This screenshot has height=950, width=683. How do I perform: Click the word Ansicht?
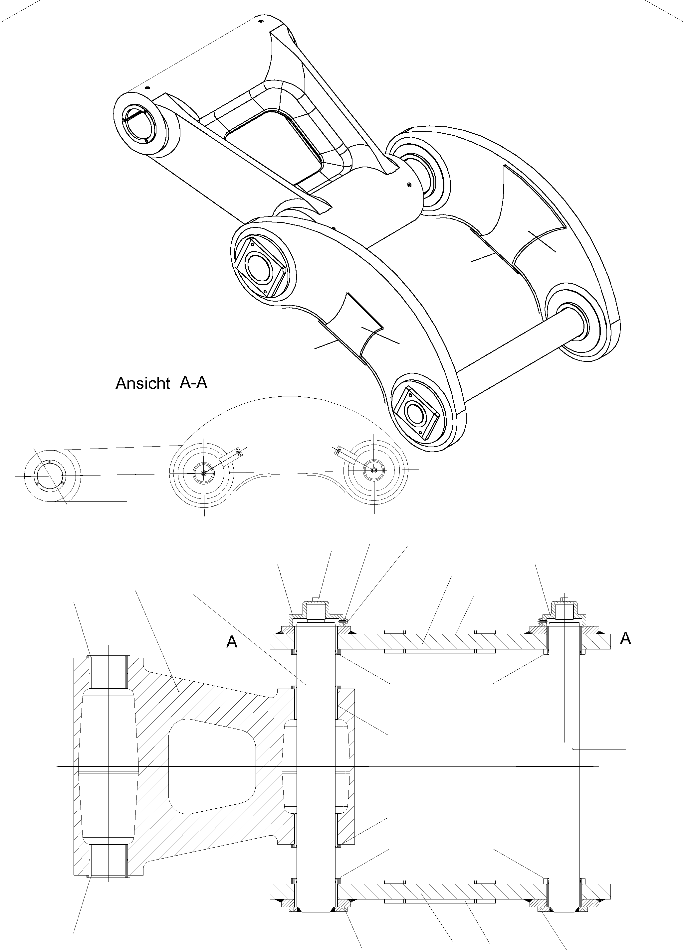coord(142,384)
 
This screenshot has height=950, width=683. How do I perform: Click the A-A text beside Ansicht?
coord(193,382)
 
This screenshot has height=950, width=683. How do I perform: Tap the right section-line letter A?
coord(625,638)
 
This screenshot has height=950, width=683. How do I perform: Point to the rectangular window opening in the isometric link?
coord(275,145)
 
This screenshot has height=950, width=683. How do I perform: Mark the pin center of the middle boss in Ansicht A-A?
coord(204,473)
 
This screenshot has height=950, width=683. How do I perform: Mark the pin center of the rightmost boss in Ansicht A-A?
coord(374,470)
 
